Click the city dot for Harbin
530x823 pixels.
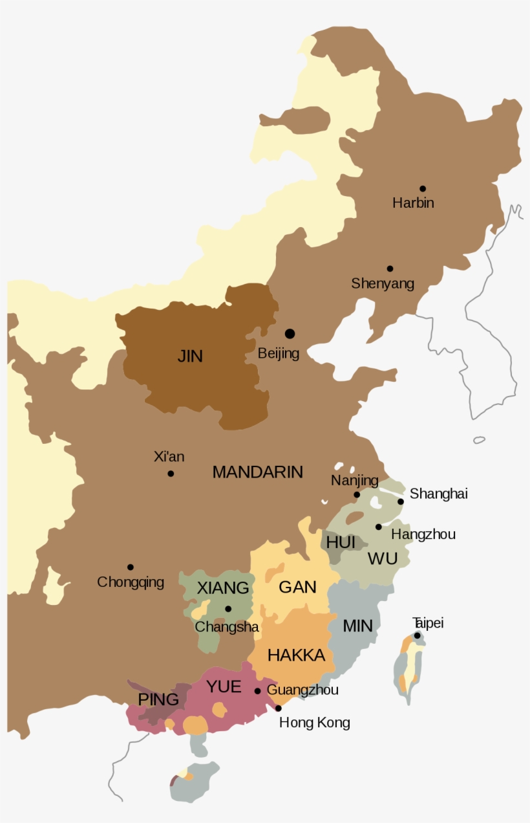point(423,189)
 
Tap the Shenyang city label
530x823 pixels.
point(383,283)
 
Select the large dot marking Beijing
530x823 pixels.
point(290,333)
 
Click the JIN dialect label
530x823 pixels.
point(190,356)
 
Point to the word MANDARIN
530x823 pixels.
point(257,472)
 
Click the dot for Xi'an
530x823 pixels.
point(171,474)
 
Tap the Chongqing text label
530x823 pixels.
point(131,582)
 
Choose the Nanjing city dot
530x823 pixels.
point(357,495)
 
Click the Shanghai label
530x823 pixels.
point(438,494)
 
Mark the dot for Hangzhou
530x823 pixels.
point(379,527)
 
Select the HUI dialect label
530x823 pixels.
point(341,542)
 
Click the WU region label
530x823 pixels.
point(382,558)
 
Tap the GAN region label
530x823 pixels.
point(297,587)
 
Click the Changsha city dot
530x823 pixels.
point(228,609)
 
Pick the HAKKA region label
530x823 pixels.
point(296,655)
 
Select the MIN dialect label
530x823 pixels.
point(357,626)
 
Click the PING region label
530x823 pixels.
point(158,699)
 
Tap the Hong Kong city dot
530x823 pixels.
point(279,708)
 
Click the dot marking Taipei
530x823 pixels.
point(418,635)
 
